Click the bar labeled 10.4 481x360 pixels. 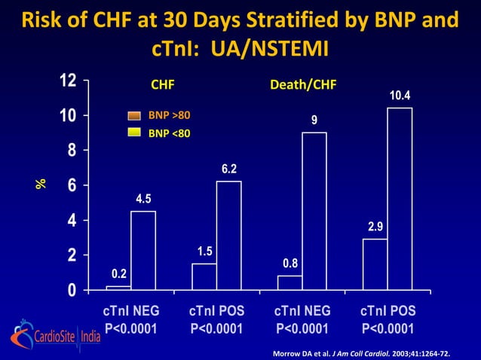tap(400, 199)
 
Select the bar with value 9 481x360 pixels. tap(314, 211)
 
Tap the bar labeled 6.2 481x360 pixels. tap(228, 235)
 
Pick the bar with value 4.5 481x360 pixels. tap(143, 250)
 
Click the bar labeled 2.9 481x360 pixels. tap(375, 264)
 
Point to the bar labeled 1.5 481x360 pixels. tap(204, 276)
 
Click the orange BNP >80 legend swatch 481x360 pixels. tap(134, 115)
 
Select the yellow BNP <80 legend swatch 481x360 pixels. tap(134, 133)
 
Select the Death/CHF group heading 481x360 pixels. tap(302, 84)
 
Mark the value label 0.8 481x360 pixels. tap(290, 263)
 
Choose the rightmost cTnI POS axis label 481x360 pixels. tap(388, 311)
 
